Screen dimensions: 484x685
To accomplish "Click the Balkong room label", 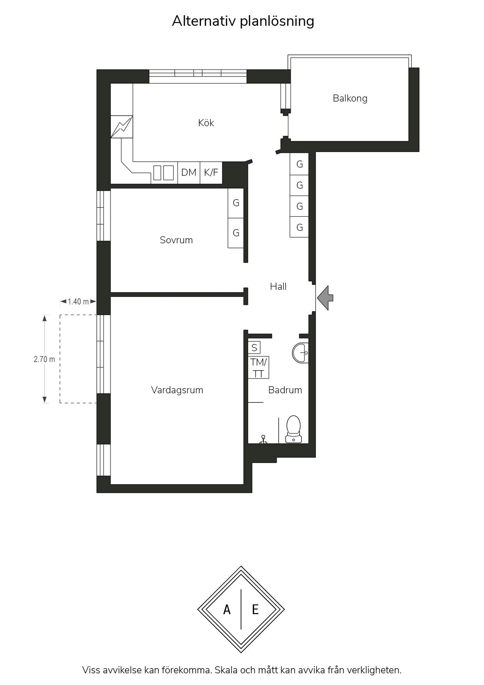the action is tap(350, 98).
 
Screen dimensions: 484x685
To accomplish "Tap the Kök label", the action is tap(206, 123).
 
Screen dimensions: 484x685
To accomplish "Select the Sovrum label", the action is tap(176, 240).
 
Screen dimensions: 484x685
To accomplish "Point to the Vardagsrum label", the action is tap(177, 390).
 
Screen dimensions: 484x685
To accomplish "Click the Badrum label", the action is tap(285, 390).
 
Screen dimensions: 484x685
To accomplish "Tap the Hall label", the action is tap(278, 286).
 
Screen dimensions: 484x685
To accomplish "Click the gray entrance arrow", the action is tap(325, 298).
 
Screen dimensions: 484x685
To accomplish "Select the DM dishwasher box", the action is tap(189, 172).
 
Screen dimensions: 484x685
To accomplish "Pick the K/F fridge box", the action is tap(211, 172).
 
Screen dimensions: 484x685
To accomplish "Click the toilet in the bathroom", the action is tap(294, 429).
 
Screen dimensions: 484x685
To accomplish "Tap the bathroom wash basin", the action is tap(301, 353).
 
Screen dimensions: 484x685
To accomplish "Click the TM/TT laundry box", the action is tap(258, 367).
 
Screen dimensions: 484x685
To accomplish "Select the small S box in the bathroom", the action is tap(254, 348).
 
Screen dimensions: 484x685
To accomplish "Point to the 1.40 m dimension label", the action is tap(78, 301).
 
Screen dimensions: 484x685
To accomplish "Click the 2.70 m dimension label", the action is tap(44, 359).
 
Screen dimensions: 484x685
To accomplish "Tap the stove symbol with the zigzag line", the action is tap(122, 127).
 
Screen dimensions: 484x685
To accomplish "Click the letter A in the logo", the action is tap(227, 609).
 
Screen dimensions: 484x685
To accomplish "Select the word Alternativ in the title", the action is tap(204, 21).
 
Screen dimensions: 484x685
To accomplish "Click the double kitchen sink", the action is tap(163, 173).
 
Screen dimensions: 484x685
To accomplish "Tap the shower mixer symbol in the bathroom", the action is tap(263, 439).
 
